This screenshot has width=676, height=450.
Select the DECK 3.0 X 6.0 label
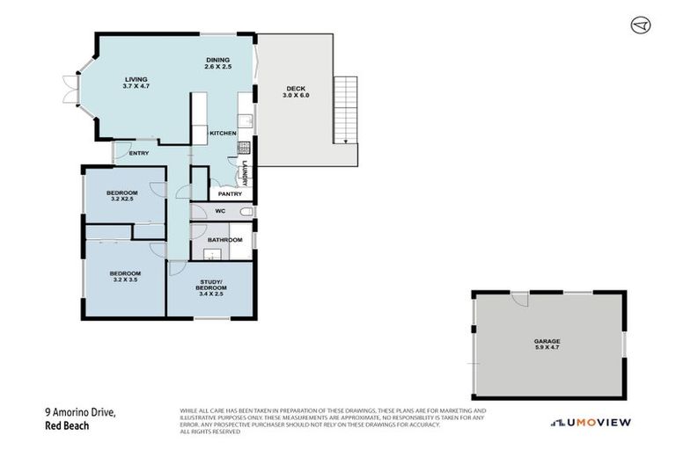[296, 91]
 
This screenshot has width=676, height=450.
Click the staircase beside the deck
[347, 110]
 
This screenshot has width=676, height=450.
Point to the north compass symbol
[641, 25]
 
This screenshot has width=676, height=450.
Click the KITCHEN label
[223, 133]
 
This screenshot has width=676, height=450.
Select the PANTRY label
[217, 193]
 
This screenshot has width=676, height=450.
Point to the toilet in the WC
[246, 212]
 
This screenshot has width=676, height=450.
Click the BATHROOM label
[224, 239]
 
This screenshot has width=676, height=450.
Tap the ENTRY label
[138, 154]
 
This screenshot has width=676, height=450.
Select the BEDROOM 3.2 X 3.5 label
[125, 277]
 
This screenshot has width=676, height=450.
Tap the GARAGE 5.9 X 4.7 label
[546, 344]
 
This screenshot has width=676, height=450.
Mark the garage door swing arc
[519, 299]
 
